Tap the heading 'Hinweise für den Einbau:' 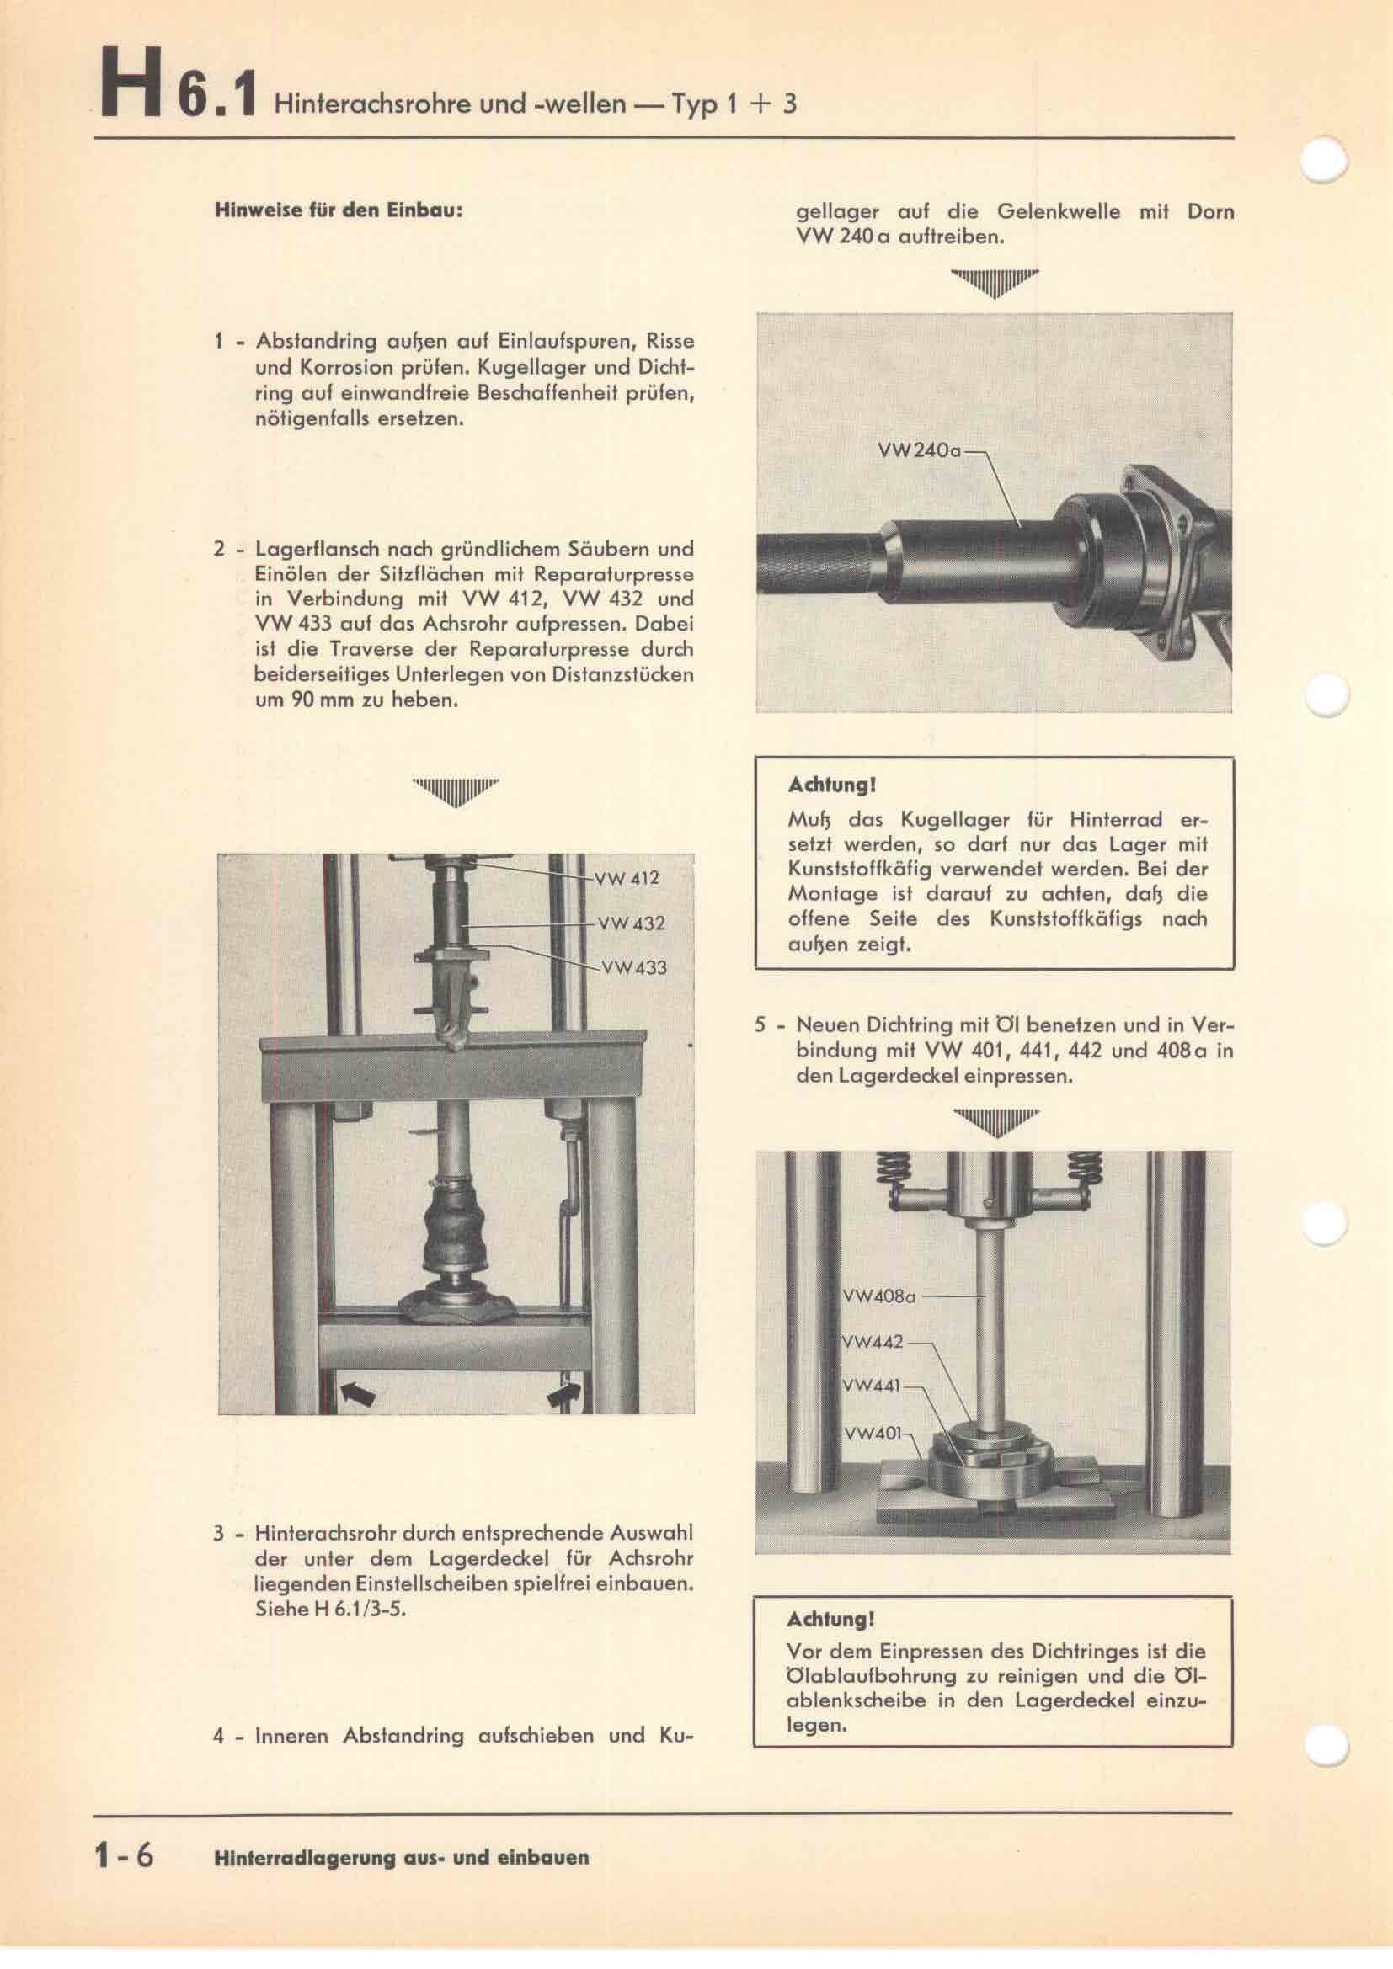point(339,210)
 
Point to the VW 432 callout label point(632,924)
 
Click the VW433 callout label point(634,968)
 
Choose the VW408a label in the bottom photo point(880,1322)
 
